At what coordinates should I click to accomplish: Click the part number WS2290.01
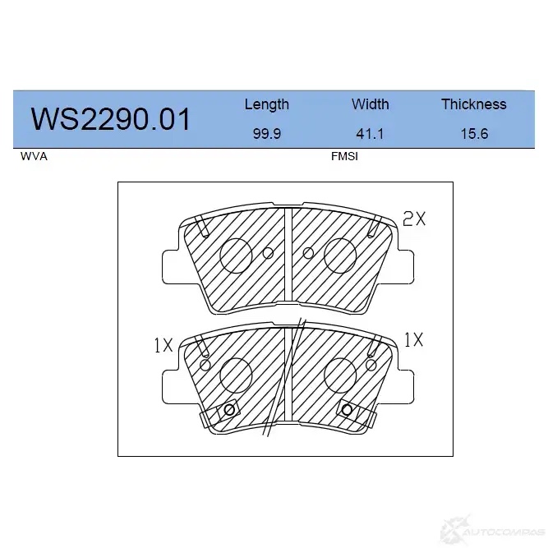[x=111, y=119]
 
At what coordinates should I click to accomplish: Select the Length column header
[x=267, y=104]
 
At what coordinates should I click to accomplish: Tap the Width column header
[x=370, y=104]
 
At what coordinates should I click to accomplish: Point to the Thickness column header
[x=473, y=104]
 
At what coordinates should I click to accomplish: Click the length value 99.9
[x=267, y=134]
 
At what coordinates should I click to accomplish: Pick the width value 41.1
[x=370, y=134]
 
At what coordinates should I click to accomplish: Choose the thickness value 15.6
[x=474, y=134]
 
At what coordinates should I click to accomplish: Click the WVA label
[x=34, y=156]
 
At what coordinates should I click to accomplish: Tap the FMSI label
[x=344, y=156]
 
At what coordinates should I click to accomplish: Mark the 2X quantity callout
[x=414, y=219]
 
